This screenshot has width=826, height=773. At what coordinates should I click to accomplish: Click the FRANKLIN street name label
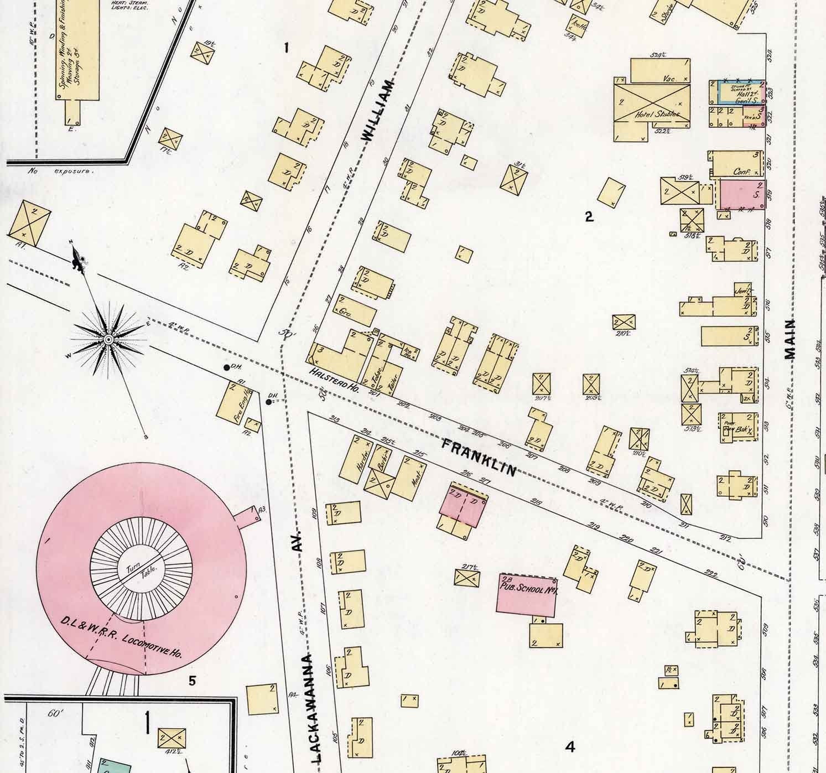point(479,457)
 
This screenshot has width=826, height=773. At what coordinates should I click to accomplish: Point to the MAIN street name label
point(789,339)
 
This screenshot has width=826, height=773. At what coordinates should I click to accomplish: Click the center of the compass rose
point(109,339)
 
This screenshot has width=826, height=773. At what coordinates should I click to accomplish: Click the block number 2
point(589,217)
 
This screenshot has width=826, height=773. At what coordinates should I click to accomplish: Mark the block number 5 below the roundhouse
point(191,681)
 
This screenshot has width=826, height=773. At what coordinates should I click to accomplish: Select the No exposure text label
point(61,171)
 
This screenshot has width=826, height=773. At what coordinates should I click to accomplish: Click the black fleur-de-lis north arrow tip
point(78,259)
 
